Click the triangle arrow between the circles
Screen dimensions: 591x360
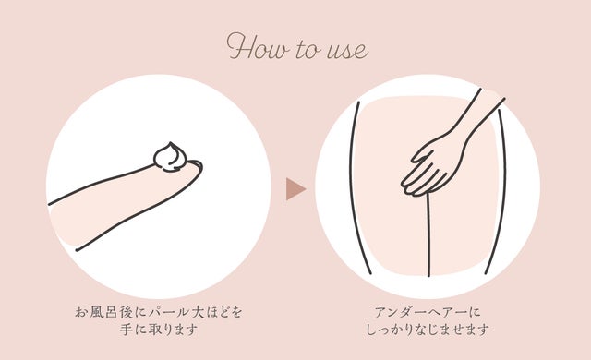point(295,188)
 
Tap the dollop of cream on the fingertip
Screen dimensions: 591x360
point(170,157)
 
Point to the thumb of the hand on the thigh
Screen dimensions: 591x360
point(421,154)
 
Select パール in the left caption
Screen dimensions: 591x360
point(168,312)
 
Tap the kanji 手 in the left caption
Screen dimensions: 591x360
point(127,330)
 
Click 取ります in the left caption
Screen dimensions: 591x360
point(173,330)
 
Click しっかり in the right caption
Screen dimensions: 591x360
point(389,330)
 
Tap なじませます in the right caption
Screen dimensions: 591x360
point(452,330)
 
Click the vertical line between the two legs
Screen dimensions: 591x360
point(428,234)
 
